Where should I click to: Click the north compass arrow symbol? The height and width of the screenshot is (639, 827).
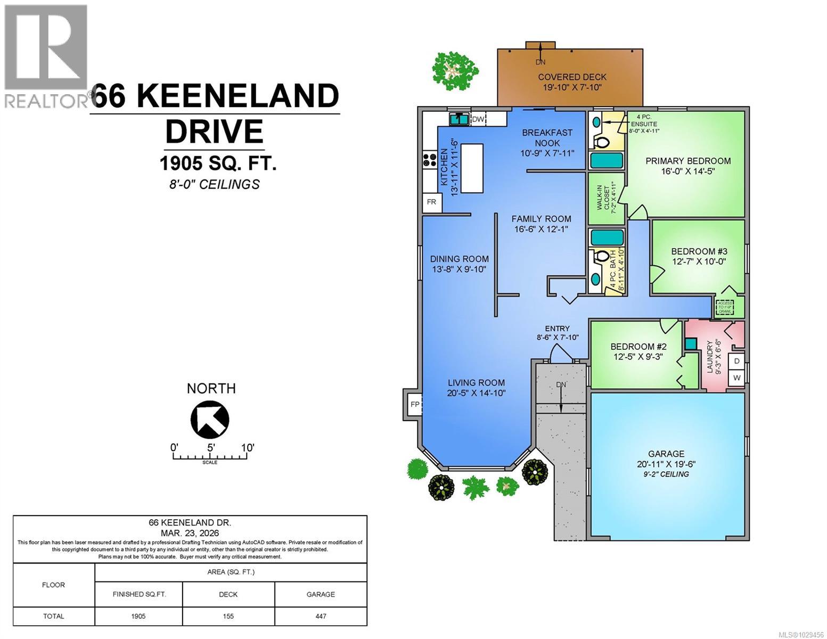(210, 419)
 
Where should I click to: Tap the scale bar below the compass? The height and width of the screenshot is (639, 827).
(210, 456)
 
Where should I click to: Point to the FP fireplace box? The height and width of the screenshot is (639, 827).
(415, 404)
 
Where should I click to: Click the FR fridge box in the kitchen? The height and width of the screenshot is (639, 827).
(431, 202)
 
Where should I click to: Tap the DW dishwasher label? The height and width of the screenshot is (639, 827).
(478, 119)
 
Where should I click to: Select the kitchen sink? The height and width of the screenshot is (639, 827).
(458, 119)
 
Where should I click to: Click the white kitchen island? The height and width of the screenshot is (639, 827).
(472, 168)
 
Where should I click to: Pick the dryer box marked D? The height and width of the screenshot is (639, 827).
(736, 361)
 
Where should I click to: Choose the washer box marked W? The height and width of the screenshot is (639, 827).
(736, 378)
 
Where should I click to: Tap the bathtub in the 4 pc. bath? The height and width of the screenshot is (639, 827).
(607, 237)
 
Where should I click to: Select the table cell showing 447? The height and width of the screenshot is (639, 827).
(321, 616)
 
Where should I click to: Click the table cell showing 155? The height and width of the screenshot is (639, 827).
(228, 616)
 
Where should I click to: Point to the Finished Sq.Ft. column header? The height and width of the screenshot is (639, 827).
(139, 594)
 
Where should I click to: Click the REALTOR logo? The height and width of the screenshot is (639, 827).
(46, 56)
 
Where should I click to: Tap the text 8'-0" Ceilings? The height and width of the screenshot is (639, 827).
(212, 184)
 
